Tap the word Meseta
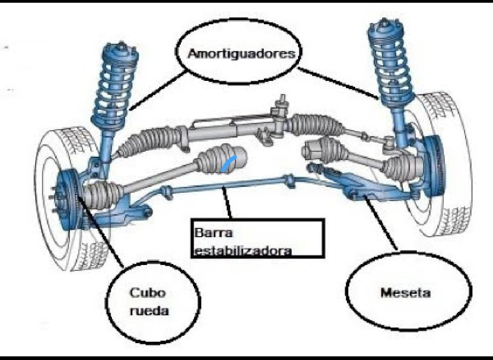tap(405, 292)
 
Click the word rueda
tap(149, 311)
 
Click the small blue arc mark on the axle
tap(228, 163)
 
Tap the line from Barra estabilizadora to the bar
tap(227, 203)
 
